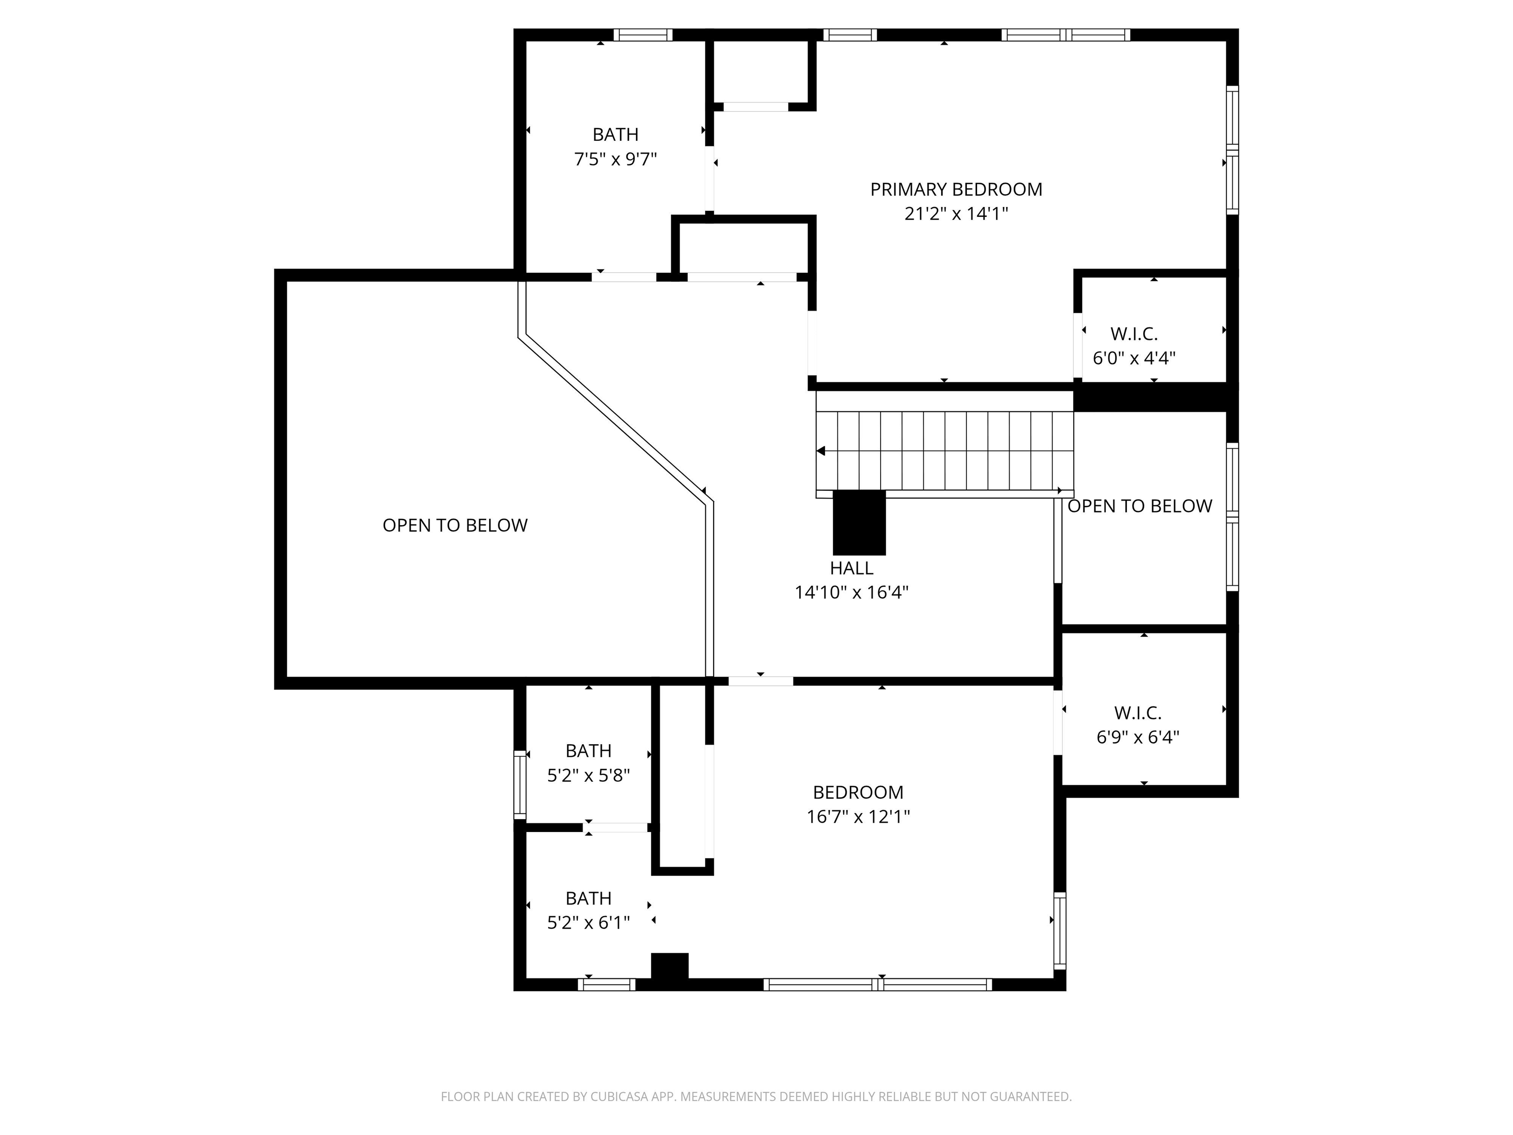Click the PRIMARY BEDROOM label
point(955,190)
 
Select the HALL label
point(851,568)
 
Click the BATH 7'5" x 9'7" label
point(615,146)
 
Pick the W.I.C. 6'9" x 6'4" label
point(1138,725)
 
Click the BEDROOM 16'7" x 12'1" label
point(858,804)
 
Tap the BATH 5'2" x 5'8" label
point(588,763)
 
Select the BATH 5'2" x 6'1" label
point(588,910)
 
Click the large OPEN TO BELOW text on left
point(455,526)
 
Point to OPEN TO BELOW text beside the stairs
point(1140,506)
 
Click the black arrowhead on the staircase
point(822,451)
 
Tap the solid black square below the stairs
point(858,523)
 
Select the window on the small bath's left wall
point(520,785)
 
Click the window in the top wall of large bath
point(642,35)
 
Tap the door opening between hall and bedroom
point(760,681)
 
